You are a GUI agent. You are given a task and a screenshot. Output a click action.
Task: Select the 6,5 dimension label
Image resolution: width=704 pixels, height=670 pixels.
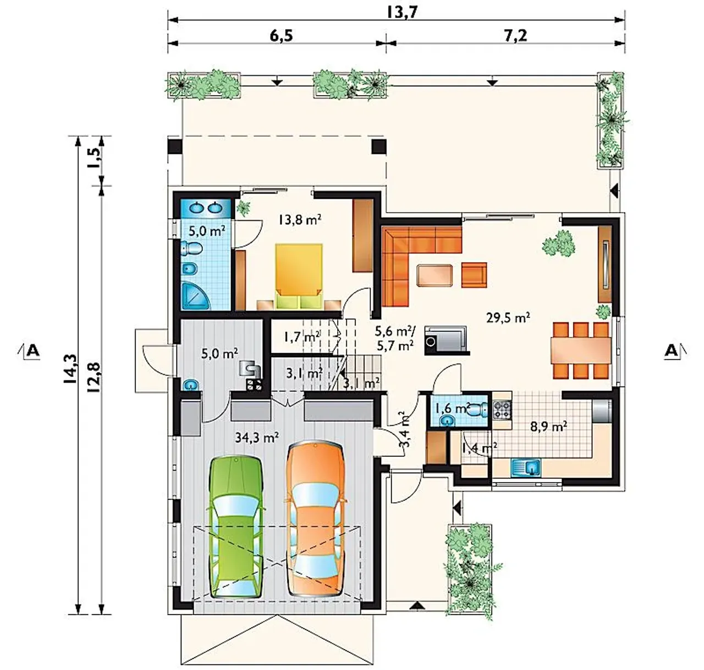pyautogui.click(x=281, y=36)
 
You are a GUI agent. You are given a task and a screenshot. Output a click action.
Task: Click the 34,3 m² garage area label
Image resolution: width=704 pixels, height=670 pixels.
pyautogui.click(x=257, y=437)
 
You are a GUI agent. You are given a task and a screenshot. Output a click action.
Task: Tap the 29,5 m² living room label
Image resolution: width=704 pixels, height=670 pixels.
pyautogui.click(x=508, y=317)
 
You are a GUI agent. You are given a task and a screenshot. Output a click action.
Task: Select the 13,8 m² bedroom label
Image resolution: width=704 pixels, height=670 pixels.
pyautogui.click(x=299, y=219)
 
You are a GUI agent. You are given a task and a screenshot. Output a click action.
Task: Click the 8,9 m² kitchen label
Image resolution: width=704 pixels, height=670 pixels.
pyautogui.click(x=548, y=426)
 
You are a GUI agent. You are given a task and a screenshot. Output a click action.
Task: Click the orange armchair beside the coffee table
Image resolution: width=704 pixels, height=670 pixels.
pyautogui.click(x=474, y=275)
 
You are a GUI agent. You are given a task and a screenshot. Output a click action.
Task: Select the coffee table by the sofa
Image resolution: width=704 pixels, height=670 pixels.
pyautogui.click(x=435, y=275)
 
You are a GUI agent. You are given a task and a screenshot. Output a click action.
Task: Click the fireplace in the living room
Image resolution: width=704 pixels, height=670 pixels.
pyautogui.click(x=446, y=340)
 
